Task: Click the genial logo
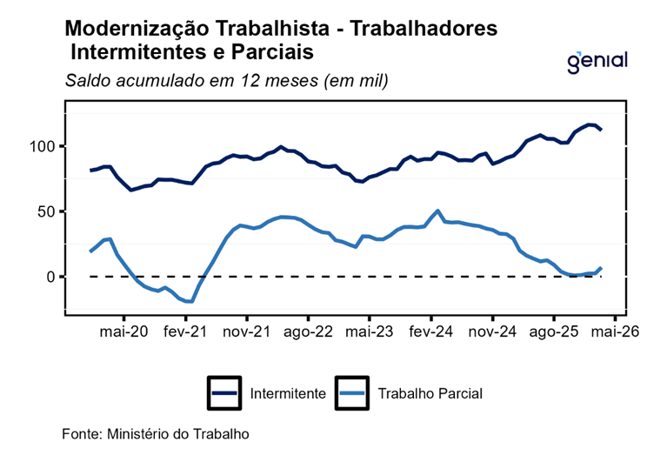pyautogui.click(x=597, y=63)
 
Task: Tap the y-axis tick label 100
pyautogui.click(x=42, y=146)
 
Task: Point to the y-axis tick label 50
pyautogui.click(x=46, y=211)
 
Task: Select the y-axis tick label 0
pyautogui.click(x=50, y=277)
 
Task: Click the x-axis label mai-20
pyautogui.click(x=123, y=331)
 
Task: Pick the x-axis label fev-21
pyautogui.click(x=185, y=331)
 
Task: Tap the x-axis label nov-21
pyautogui.click(x=247, y=331)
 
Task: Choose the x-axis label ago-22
pyautogui.click(x=308, y=332)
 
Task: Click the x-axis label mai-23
pyautogui.click(x=370, y=331)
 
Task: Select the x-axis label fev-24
pyautogui.click(x=430, y=331)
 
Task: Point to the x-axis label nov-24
pyautogui.click(x=492, y=331)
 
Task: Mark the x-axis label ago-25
pyautogui.click(x=554, y=332)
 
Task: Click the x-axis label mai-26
pyautogui.click(x=615, y=331)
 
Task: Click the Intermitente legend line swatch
pyautogui.click(x=224, y=393)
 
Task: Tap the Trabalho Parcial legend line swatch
pyautogui.click(x=352, y=393)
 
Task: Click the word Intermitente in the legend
pyautogui.click(x=288, y=393)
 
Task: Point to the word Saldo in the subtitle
pyautogui.click(x=89, y=80)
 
